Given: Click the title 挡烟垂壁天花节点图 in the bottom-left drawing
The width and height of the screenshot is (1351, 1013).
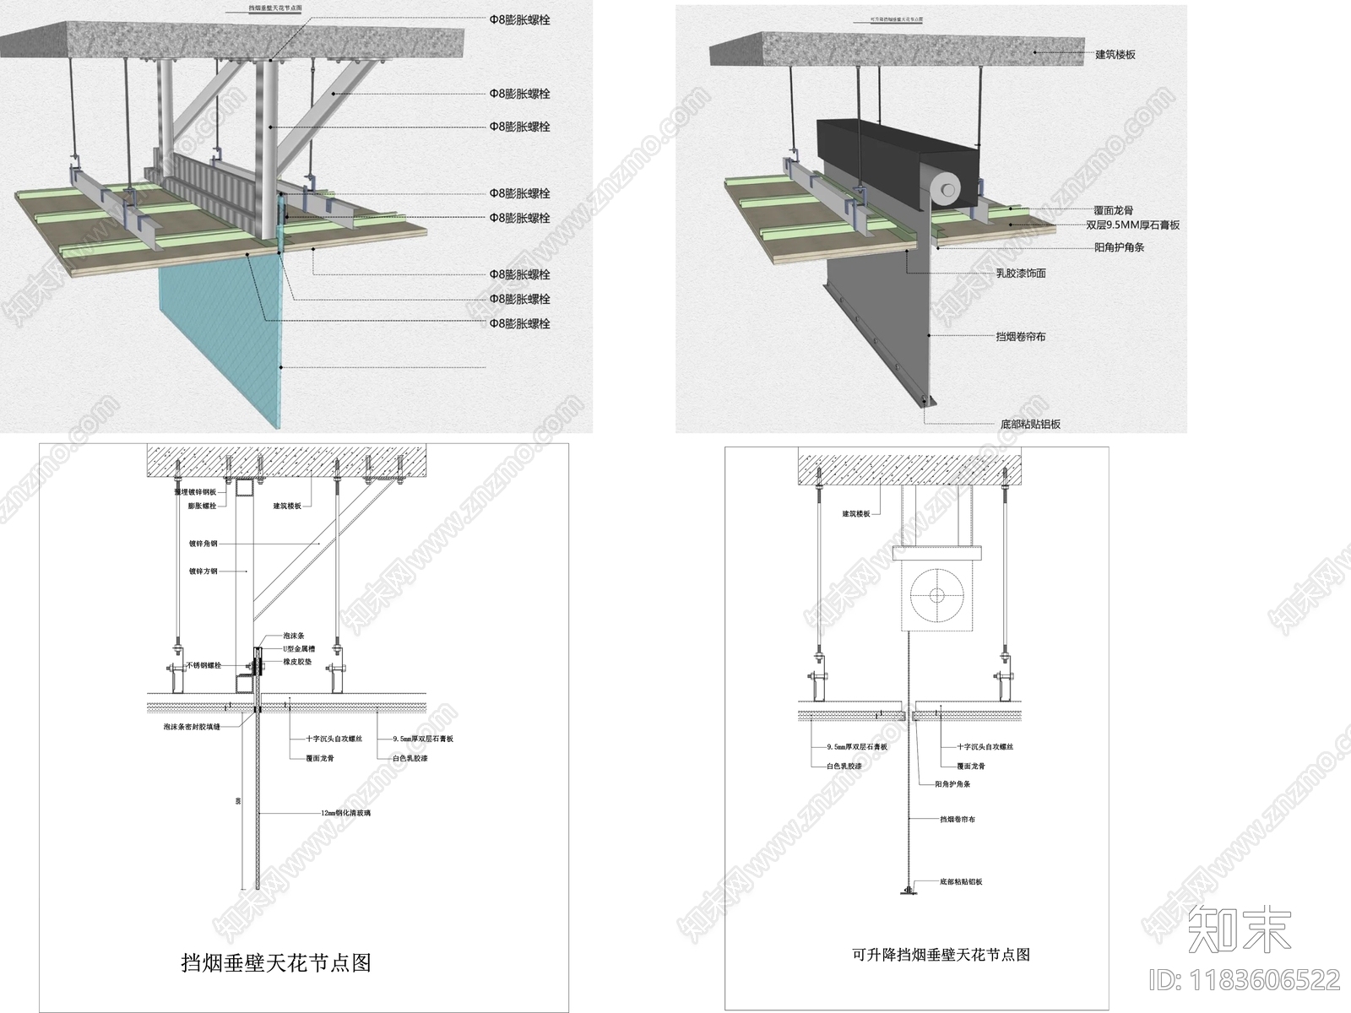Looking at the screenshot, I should pyautogui.click(x=276, y=962).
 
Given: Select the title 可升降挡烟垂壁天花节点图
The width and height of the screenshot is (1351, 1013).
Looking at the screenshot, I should pyautogui.click(x=941, y=955).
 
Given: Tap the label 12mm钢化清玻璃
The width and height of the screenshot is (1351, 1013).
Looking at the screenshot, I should pyautogui.click(x=345, y=813).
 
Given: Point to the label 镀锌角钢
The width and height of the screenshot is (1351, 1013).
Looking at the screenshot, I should pyautogui.click(x=203, y=544).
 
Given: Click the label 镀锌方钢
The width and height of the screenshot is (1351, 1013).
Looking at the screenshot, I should pyautogui.click(x=203, y=572).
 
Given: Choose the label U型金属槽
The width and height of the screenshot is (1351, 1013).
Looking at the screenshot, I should pyautogui.click(x=299, y=649).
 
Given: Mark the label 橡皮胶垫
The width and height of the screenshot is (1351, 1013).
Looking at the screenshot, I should pyautogui.click(x=297, y=662).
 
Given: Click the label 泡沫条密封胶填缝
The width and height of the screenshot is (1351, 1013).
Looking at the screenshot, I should pyautogui.click(x=192, y=726).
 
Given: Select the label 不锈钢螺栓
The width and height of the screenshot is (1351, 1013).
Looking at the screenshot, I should pyautogui.click(x=203, y=665).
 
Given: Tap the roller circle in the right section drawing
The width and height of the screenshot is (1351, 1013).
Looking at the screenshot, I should pyautogui.click(x=936, y=595).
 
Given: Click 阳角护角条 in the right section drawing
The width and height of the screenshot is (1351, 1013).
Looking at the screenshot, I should pyautogui.click(x=952, y=784).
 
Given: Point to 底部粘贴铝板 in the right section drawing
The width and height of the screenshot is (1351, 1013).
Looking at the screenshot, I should pyautogui.click(x=961, y=881).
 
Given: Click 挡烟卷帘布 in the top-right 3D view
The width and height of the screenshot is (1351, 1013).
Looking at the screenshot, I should pyautogui.click(x=1020, y=337).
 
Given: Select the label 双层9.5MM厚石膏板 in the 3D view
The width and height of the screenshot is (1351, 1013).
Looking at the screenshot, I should pyautogui.click(x=1132, y=225).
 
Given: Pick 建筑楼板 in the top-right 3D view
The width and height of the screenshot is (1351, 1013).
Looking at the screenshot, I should pyautogui.click(x=1115, y=55).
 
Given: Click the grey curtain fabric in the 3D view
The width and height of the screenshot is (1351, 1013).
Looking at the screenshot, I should pyautogui.click(x=878, y=329).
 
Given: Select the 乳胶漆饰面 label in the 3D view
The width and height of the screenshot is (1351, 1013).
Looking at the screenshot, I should pyautogui.click(x=1020, y=274).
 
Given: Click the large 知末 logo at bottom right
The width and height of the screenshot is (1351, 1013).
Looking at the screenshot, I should pyautogui.click(x=1239, y=929).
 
